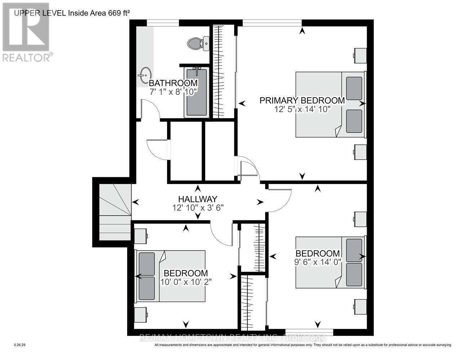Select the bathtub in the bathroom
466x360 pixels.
[196, 92]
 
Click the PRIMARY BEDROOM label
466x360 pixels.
[302, 100]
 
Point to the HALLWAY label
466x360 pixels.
[198, 199]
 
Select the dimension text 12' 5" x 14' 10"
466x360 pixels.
[302, 109]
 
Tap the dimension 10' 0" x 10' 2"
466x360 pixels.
[185, 282]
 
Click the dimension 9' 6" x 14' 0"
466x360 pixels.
[317, 262]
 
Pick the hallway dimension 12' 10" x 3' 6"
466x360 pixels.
[198, 208]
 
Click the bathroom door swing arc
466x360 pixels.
[151, 108]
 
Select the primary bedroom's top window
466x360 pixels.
[272, 23]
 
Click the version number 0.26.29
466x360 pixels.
[19, 345]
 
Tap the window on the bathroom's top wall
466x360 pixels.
[163, 23]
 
